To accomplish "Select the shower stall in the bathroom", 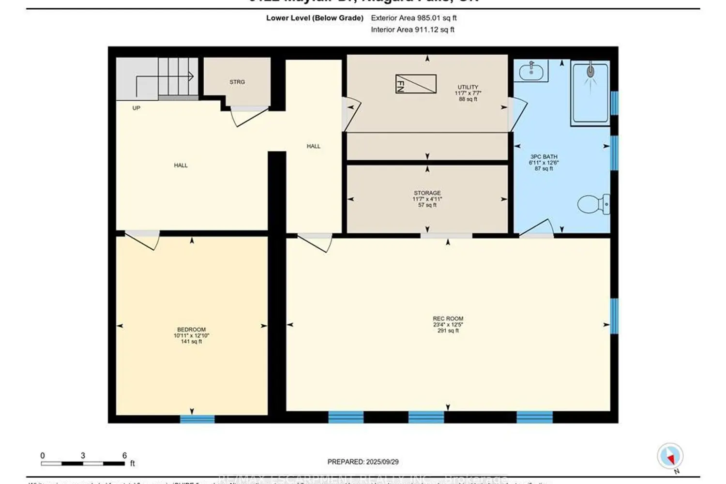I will coord(590,92).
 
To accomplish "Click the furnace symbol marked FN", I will coord(416,84).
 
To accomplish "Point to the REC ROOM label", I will coord(448,318).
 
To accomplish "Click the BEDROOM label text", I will coord(191,330).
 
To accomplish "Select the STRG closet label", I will coord(237,82).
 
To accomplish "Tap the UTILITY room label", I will coord(468,87).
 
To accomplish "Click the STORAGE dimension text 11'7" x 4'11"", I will coord(427,199).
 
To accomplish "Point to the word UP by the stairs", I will coord(136,108).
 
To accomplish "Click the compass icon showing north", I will coord(670,456).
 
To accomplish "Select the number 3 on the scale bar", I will coord(83,455).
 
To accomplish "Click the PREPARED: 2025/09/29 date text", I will coord(363,462).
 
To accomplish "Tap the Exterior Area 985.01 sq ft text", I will coord(413,18).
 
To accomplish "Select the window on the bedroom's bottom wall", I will coord(197,419).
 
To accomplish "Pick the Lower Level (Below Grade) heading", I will coord(315,18).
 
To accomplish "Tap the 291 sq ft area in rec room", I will coord(448,331).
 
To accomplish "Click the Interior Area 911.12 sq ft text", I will coord(412,30).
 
